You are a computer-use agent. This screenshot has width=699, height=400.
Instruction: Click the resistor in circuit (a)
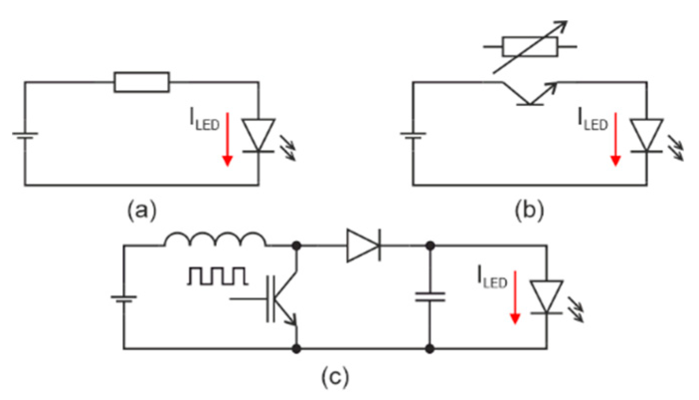point(142,82)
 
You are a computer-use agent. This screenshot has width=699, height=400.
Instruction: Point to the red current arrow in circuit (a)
point(227,139)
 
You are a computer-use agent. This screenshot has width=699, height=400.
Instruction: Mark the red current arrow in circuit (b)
point(616,139)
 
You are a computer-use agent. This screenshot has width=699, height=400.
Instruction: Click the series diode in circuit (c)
point(364,245)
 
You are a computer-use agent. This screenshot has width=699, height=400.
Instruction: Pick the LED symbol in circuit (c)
point(546,297)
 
